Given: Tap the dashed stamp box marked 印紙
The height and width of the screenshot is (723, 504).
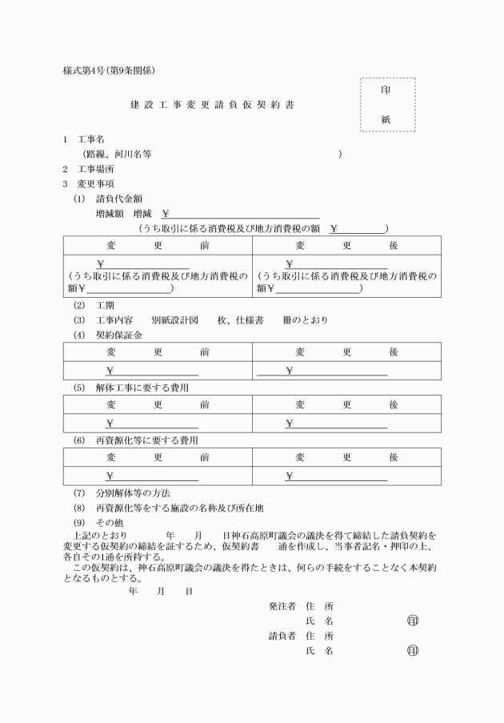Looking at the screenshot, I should pyautogui.click(x=387, y=105).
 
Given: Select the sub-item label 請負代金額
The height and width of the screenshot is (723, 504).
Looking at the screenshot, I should pyautogui.click(x=120, y=198).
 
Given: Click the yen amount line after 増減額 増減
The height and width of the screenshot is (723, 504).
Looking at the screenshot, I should pyautogui.click(x=240, y=213).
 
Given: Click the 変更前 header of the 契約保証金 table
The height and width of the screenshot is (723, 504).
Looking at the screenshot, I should pyautogui.click(x=158, y=351).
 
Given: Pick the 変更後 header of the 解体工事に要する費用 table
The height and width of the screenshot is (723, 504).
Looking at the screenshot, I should pyautogui.click(x=346, y=404).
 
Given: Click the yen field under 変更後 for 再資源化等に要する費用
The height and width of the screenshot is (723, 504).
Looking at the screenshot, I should pyautogui.click(x=336, y=477).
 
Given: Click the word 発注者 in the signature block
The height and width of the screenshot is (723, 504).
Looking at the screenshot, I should pyautogui.click(x=282, y=606).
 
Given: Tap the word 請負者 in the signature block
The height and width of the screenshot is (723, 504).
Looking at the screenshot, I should pyautogui.click(x=282, y=636).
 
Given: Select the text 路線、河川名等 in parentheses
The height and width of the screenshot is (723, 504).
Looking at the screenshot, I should pyautogui.click(x=122, y=154).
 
